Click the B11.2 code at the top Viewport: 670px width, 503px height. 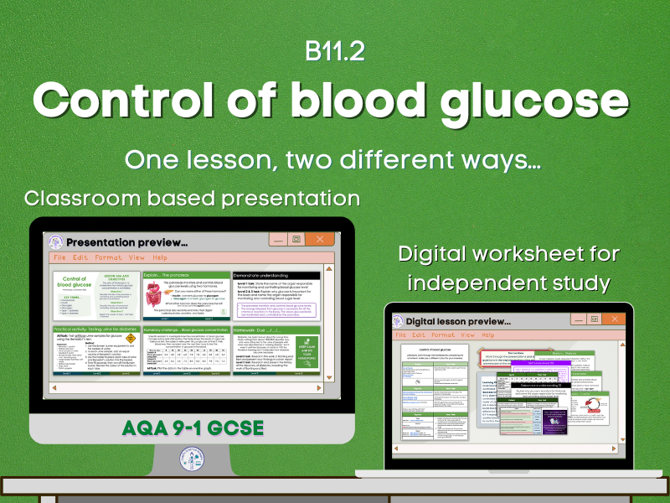tap(334, 52)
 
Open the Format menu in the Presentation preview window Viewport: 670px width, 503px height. tap(109, 257)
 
